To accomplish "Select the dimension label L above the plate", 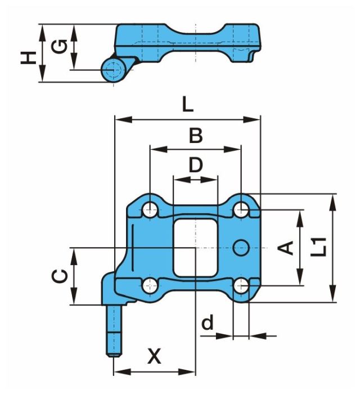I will pyautogui.click(x=188, y=105).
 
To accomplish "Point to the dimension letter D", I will pyautogui.click(x=195, y=165).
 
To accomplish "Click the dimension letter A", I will pyautogui.click(x=287, y=246).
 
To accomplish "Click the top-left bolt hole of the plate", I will pyautogui.click(x=150, y=211).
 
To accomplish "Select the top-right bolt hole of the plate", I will pyautogui.click(x=241, y=211).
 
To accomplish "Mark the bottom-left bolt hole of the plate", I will pyautogui.click(x=150, y=285).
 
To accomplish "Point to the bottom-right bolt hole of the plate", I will pyautogui.click(x=241, y=286).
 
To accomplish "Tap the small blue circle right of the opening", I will pyautogui.click(x=241, y=246).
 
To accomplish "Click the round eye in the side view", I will pyautogui.click(x=112, y=69).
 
